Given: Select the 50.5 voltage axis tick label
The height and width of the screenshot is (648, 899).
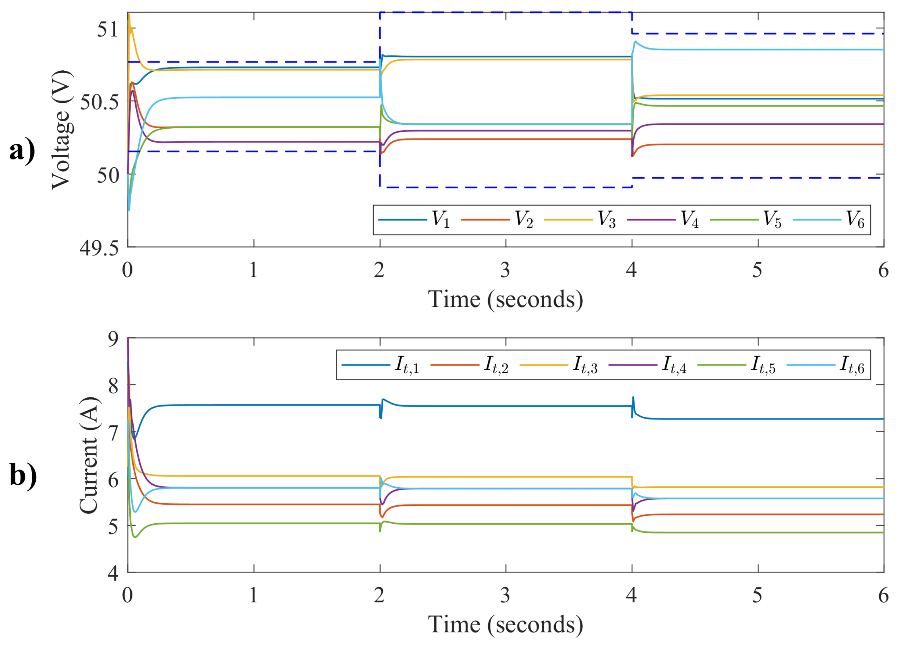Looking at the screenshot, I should [99, 102].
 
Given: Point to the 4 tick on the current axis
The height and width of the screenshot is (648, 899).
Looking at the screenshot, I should [113, 573].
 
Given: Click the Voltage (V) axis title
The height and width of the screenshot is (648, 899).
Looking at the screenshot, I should [62, 130].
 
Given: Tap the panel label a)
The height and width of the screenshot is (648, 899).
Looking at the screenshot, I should [22, 151].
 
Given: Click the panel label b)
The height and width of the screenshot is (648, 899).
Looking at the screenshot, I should [23, 475].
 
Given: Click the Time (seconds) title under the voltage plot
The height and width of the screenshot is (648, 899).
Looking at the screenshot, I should [505, 300].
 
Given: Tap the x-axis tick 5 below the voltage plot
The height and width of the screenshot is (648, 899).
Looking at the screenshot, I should [757, 271].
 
